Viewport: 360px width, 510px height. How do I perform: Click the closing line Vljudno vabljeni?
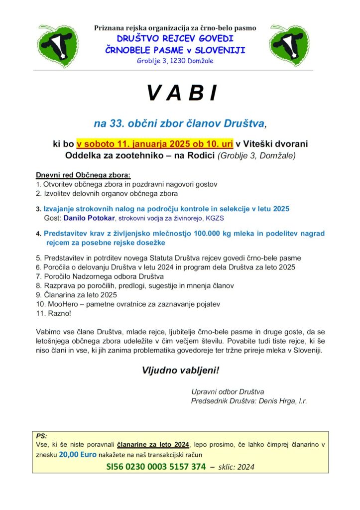click(180, 371)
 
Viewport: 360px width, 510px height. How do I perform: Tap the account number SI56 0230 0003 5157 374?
click(155, 467)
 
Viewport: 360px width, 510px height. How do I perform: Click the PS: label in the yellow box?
click(42, 435)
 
